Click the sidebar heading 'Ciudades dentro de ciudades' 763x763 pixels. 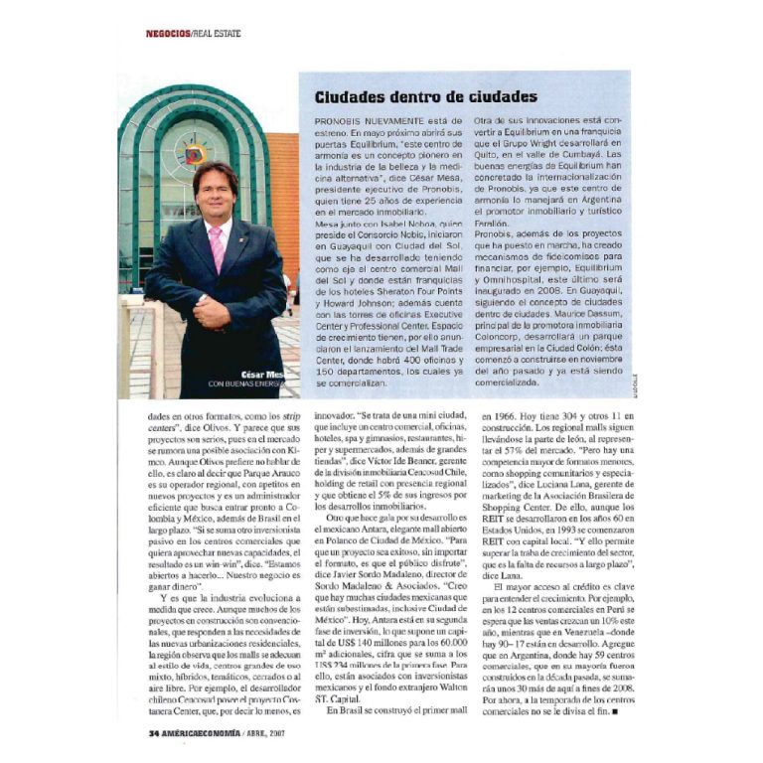pos(424,97)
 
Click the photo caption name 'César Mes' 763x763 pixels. pos(262,375)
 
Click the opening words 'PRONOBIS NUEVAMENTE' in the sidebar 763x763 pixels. pos(351,122)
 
